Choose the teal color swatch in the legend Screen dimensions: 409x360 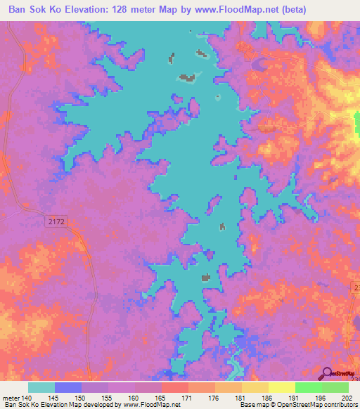coord(41,387)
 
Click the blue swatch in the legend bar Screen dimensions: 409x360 coord(68,387)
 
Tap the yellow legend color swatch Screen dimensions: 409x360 coord(255,387)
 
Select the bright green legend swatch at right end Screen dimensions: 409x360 coord(335,387)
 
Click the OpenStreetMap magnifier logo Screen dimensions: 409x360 coord(327,374)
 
